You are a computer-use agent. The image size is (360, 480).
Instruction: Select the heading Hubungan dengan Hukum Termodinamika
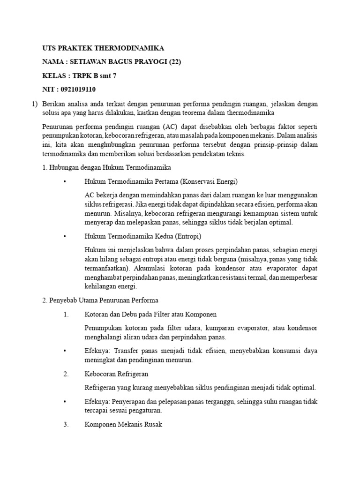[x=106, y=167]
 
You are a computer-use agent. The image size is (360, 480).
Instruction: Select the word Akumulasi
[x=149, y=268]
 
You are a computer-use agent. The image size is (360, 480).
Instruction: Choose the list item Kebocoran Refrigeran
[x=116, y=374]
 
